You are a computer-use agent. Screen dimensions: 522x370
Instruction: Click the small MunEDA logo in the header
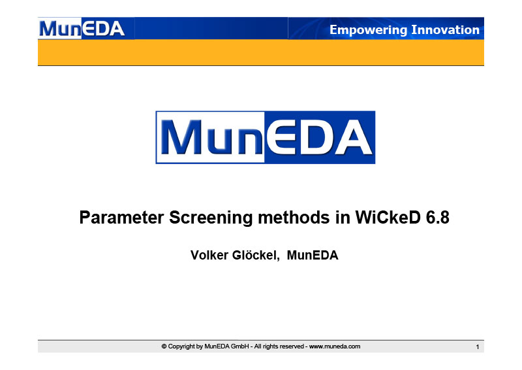point(82,29)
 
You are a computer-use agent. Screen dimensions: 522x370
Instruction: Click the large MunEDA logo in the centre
point(266,137)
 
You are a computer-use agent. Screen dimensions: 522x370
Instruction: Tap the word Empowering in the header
point(368,30)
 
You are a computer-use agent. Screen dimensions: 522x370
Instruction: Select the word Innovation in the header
point(446,29)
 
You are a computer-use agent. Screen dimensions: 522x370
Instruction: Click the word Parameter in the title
point(121,218)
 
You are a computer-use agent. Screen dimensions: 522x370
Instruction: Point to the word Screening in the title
point(211,218)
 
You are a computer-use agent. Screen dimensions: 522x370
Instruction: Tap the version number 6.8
point(437,218)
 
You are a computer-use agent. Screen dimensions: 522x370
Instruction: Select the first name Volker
point(209,255)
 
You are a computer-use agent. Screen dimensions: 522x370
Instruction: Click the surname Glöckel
point(256,256)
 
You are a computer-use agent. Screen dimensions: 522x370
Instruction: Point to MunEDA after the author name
point(313,255)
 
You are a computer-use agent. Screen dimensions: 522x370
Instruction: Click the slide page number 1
point(478,347)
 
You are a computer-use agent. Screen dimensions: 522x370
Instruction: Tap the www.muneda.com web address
point(335,346)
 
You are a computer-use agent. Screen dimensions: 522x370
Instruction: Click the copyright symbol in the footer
point(164,346)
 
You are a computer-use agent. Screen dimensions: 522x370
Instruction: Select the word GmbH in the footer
point(239,346)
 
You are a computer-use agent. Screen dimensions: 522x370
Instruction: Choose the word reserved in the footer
point(292,346)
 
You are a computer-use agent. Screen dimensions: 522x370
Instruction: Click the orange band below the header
point(261,52)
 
